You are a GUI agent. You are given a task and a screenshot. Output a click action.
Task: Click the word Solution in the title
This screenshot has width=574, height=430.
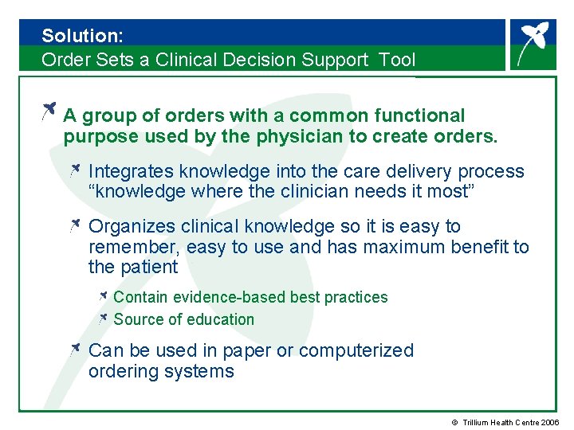click(78, 36)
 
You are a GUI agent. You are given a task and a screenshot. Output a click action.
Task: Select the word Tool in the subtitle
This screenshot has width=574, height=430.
click(397, 60)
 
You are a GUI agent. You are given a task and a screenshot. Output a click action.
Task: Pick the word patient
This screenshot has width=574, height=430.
click(148, 268)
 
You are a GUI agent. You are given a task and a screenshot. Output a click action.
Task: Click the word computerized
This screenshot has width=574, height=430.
click(363, 350)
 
